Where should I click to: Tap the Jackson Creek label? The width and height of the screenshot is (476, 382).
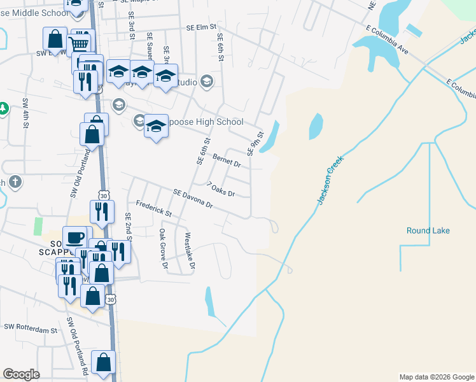point(330,181)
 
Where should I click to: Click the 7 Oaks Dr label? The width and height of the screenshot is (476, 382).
point(221,189)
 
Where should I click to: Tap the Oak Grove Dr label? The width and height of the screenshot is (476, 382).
point(163,248)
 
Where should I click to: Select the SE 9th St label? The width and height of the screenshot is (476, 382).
point(255,143)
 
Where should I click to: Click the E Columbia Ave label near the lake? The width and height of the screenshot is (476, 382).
point(387,39)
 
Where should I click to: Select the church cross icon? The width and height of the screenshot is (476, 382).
point(15,183)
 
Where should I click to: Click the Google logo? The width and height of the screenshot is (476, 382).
point(22,374)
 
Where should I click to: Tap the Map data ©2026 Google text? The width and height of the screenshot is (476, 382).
point(437,377)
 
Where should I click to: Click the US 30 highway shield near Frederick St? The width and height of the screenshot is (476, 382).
point(104,194)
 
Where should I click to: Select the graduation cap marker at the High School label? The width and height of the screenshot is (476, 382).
point(156,126)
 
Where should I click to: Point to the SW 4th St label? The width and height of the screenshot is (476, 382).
point(26,113)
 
